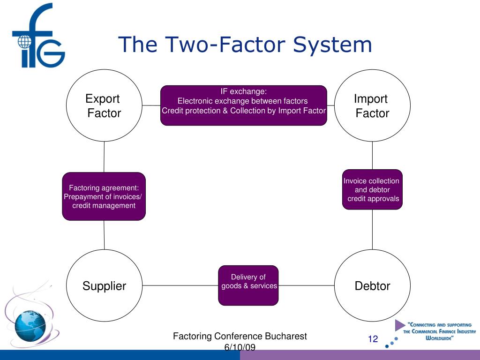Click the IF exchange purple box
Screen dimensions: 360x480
click(244, 105)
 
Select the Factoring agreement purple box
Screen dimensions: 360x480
click(104, 196)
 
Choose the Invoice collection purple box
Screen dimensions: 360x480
click(372, 189)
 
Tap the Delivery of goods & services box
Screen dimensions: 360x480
click(248, 285)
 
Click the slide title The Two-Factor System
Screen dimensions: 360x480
click(245, 45)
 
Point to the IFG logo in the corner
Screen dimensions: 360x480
click(37, 35)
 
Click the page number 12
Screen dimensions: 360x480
click(373, 339)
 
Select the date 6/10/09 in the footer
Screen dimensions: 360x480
click(240, 347)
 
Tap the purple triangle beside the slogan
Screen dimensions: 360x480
click(399, 325)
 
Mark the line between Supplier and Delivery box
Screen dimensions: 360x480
click(180, 285)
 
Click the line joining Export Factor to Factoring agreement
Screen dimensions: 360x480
click(104, 157)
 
